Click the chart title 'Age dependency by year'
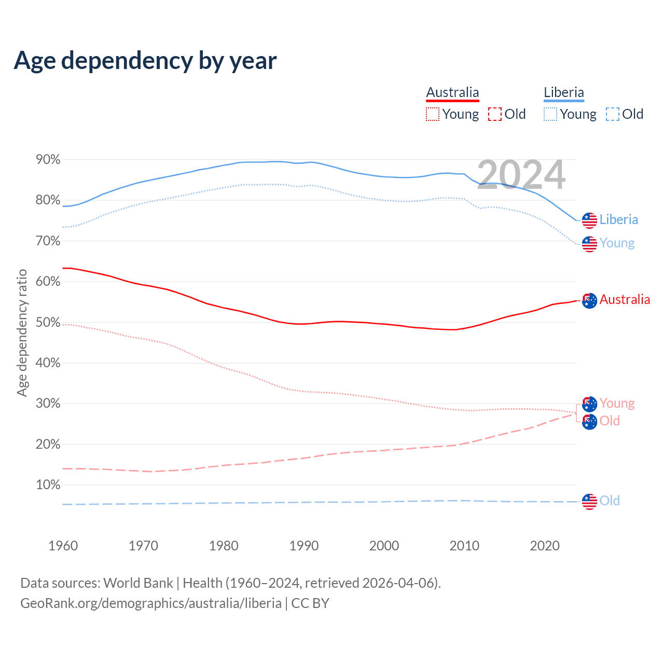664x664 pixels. pos(145,61)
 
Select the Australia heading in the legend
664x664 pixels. pos(452,92)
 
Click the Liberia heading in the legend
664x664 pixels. pos(564,92)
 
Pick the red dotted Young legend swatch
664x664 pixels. pos(432,114)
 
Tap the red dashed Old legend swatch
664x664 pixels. pos(495,114)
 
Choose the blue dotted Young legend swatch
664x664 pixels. pos(550,114)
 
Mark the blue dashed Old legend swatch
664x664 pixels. pos(613,114)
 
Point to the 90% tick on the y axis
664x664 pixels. pos(48,160)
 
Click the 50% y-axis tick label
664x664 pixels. pos(48,322)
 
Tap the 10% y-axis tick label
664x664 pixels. pos(48,485)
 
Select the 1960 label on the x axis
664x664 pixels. pos(63,546)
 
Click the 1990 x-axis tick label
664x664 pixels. pos(304,546)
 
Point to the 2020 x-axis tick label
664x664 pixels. pos(545,546)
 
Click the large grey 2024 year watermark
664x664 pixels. pos(521,175)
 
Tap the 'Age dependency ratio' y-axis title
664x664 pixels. pos(22,333)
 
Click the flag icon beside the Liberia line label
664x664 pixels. pos(589,220)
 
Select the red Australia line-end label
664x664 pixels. pos(625,299)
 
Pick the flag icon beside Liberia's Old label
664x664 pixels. pos(589,501)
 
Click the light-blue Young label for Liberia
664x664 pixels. pos(617,243)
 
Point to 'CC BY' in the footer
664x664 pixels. pos(310,603)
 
